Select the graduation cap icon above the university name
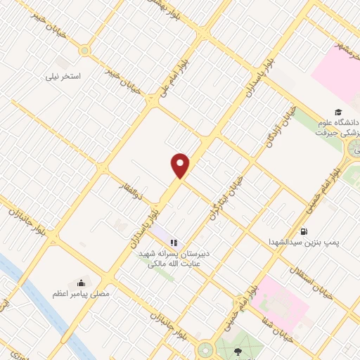tap(337, 112)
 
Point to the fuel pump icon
tap(304, 231)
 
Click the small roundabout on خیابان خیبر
tap(85, 50)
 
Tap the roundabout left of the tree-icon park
tap(205, 349)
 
